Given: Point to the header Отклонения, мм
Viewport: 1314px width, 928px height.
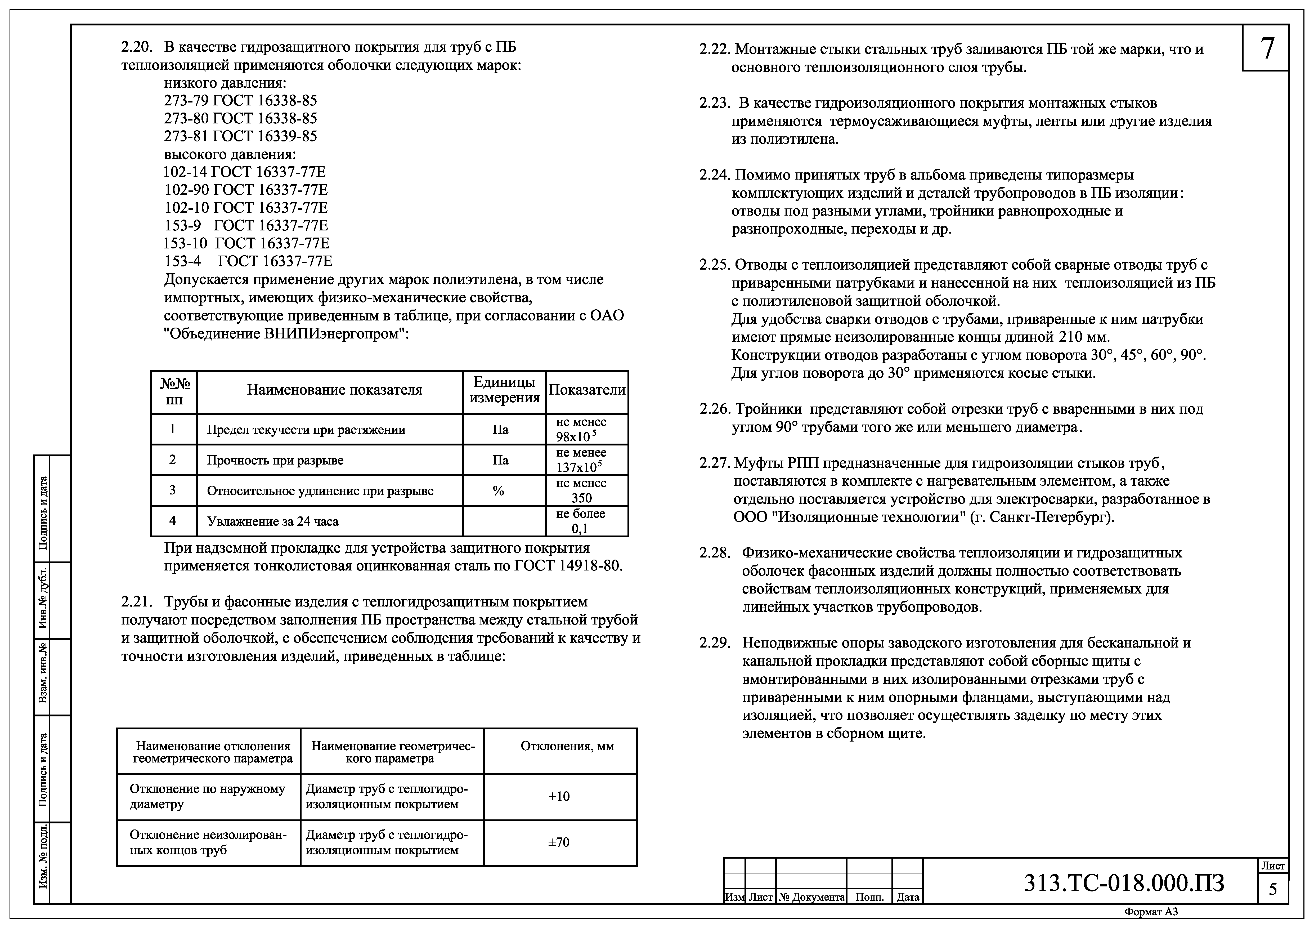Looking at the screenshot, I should (x=567, y=747).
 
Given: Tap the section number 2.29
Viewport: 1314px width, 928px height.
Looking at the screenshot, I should (x=715, y=643).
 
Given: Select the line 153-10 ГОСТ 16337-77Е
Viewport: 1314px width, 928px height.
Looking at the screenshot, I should (x=247, y=243).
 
